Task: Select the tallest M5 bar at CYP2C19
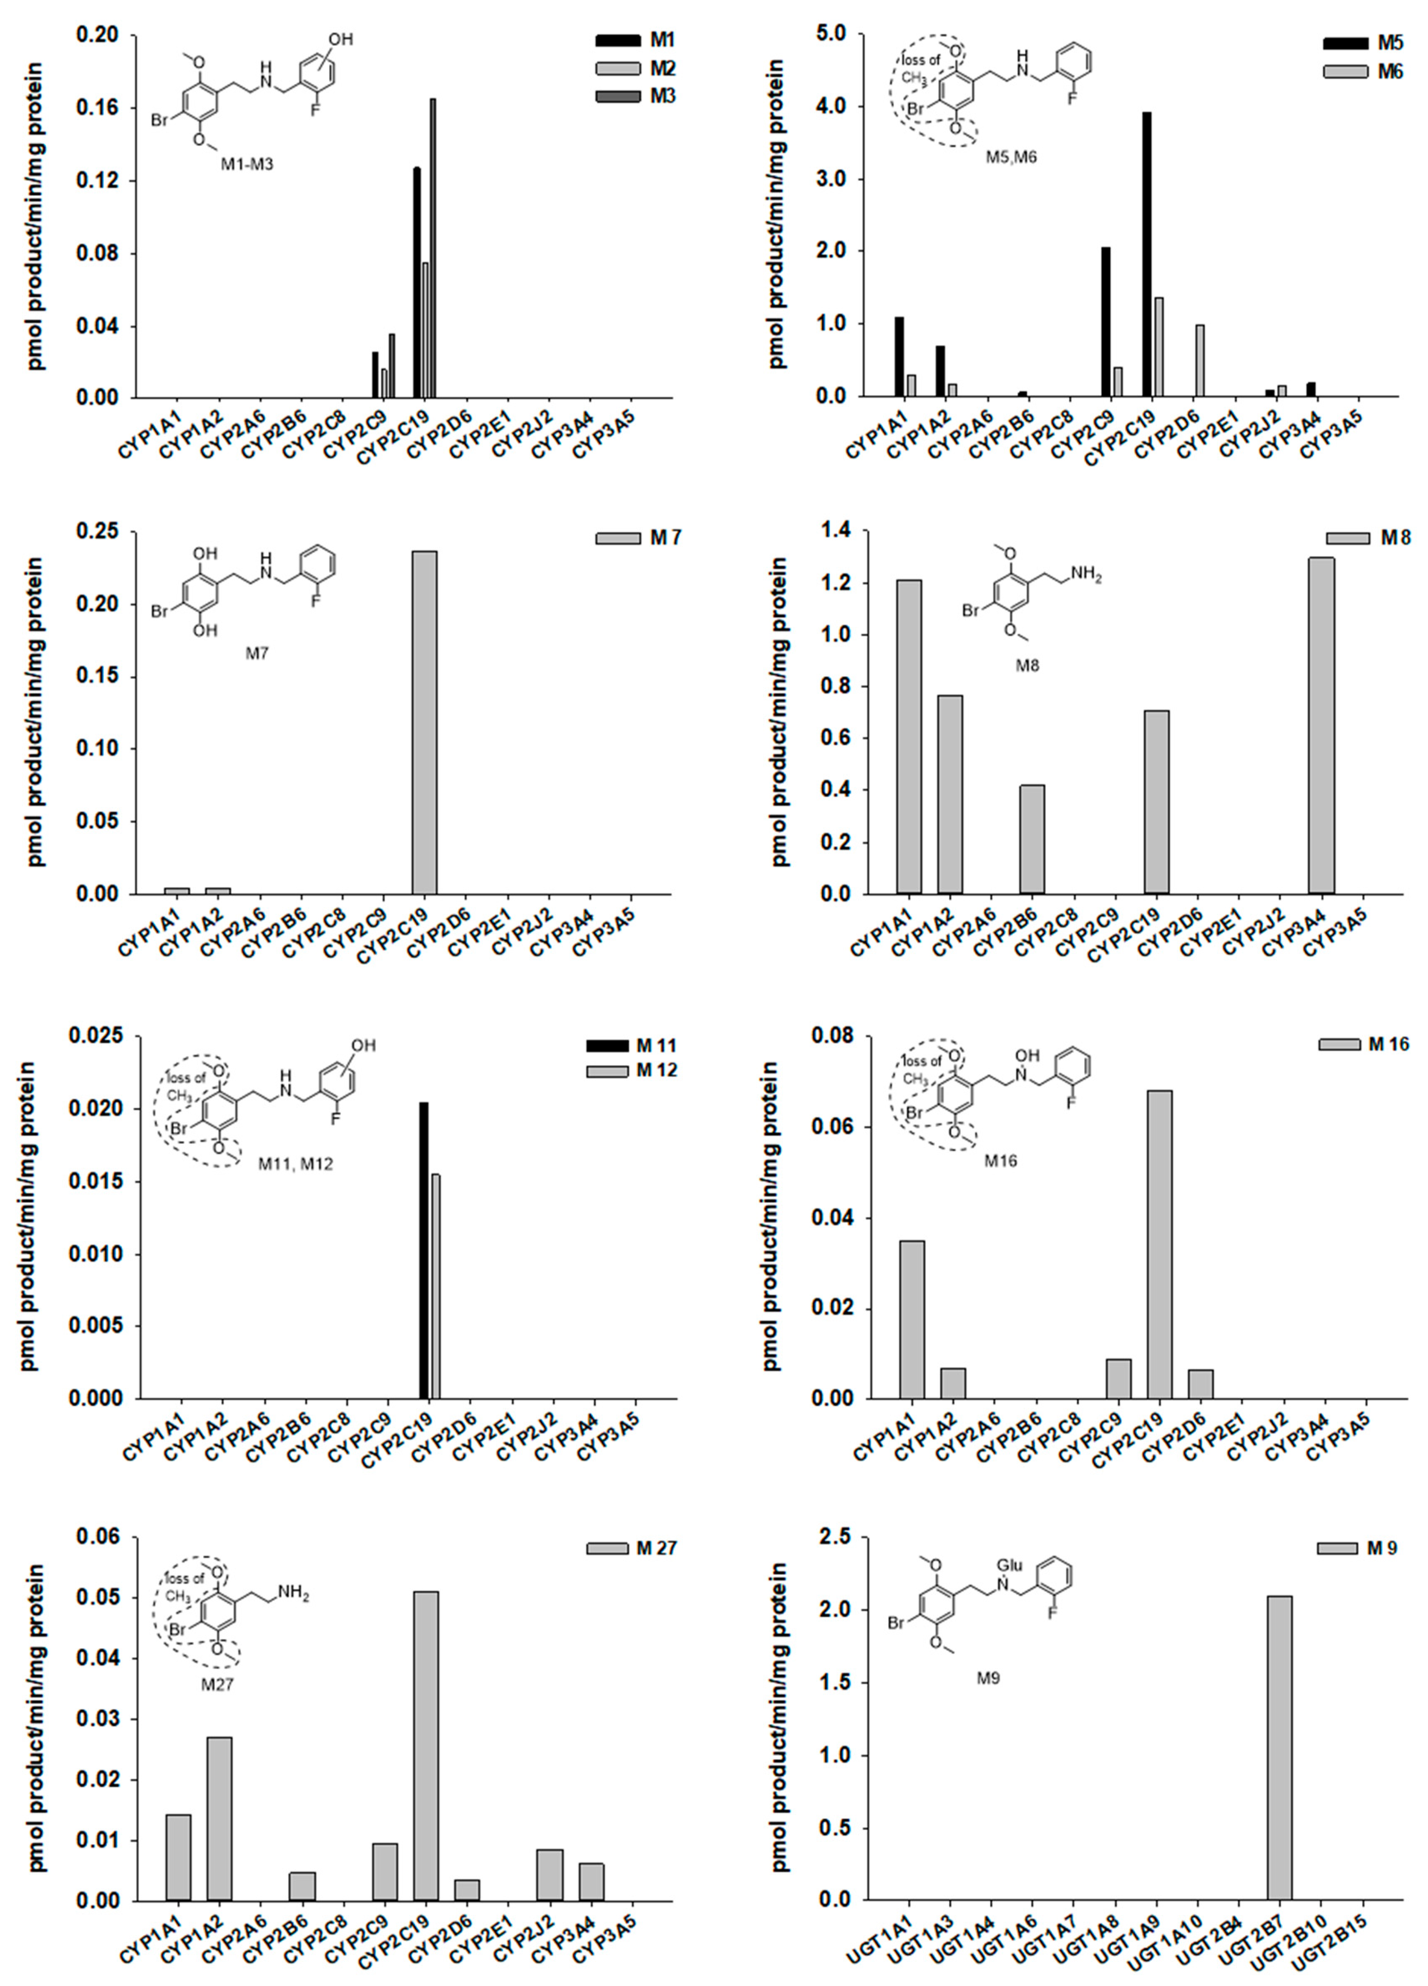point(1147,254)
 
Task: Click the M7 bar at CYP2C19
point(425,723)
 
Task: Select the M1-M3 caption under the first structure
point(247,164)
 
